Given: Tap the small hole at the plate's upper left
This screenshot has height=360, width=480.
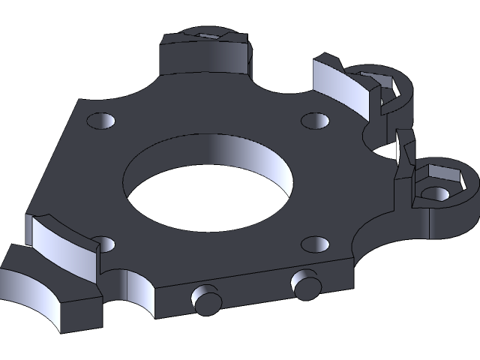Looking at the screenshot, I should (x=100, y=120).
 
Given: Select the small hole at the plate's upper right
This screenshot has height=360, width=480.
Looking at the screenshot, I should (x=314, y=120).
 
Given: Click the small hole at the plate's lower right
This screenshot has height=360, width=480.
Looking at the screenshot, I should (x=315, y=244).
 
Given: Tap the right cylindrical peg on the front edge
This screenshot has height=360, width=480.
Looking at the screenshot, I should (x=305, y=283).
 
